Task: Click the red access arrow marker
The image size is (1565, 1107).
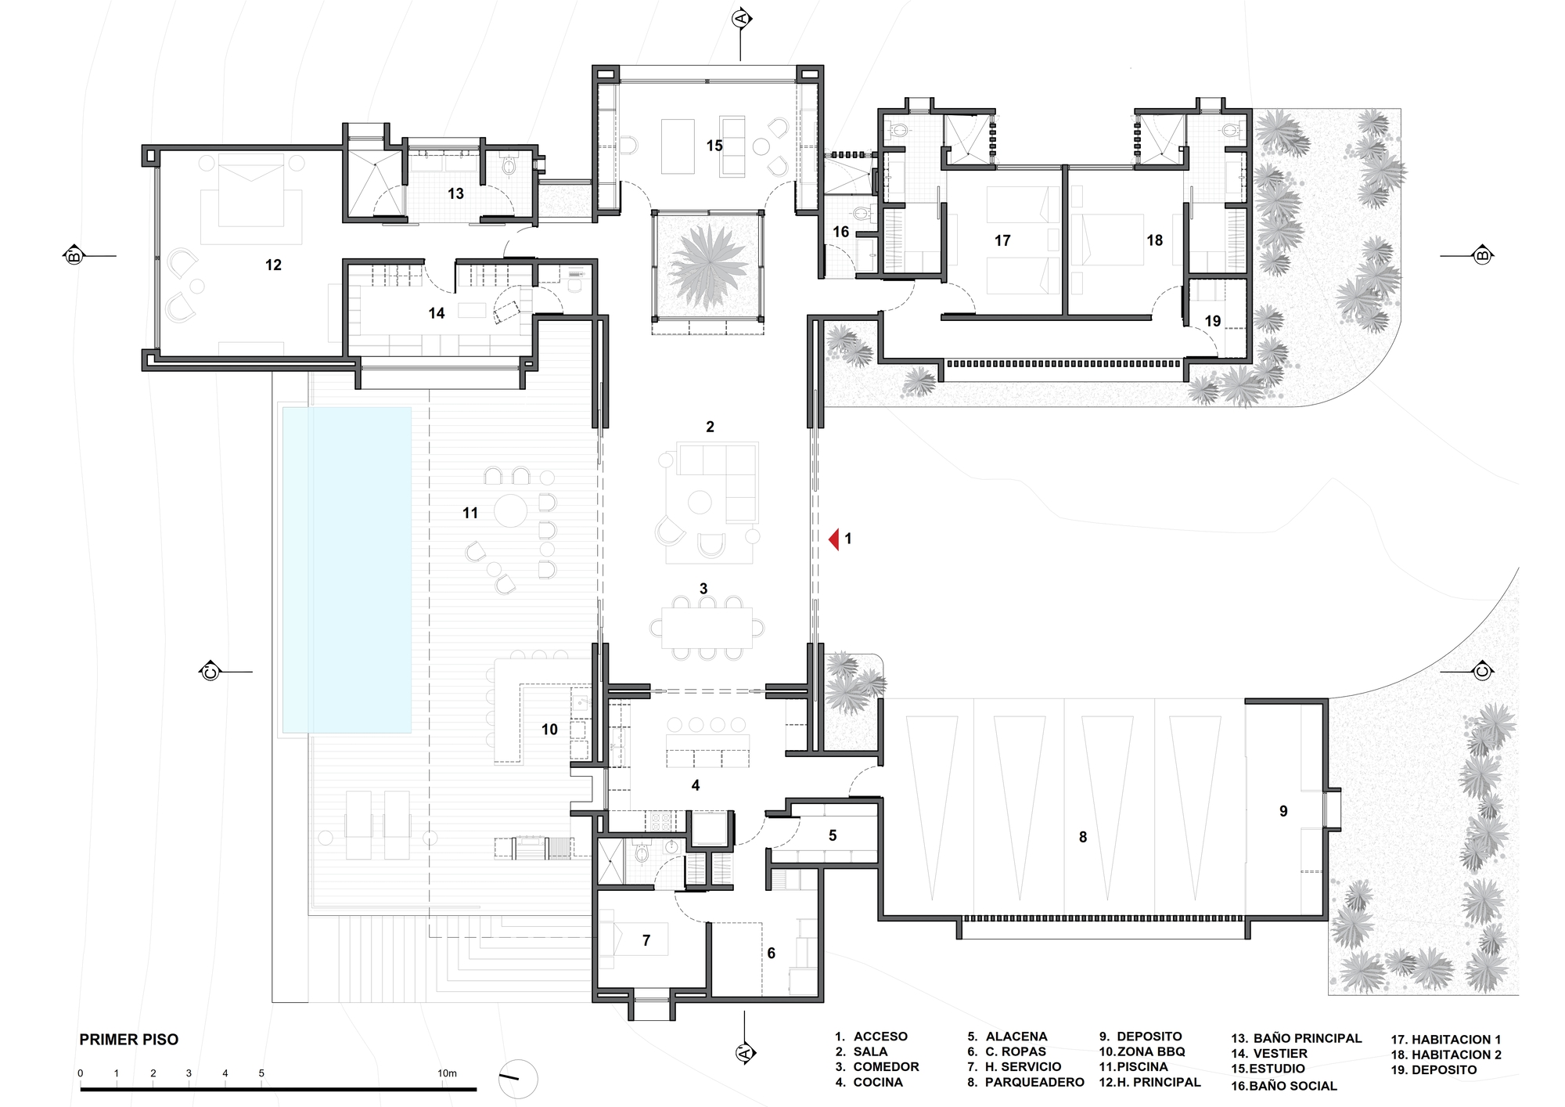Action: click(835, 539)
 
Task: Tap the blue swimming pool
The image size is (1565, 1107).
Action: click(347, 570)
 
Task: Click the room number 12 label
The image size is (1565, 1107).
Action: click(273, 265)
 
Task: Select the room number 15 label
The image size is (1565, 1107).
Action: click(714, 146)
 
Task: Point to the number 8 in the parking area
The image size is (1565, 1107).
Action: click(1083, 838)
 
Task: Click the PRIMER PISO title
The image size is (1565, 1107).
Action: click(129, 1040)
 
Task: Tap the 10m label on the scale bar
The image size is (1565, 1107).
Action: click(448, 1073)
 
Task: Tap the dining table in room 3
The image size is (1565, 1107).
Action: click(707, 628)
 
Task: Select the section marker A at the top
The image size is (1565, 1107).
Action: click(742, 19)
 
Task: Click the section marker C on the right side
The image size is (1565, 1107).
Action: click(1481, 671)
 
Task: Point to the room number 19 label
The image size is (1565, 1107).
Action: click(1213, 321)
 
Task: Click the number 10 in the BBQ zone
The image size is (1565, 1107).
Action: click(549, 730)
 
